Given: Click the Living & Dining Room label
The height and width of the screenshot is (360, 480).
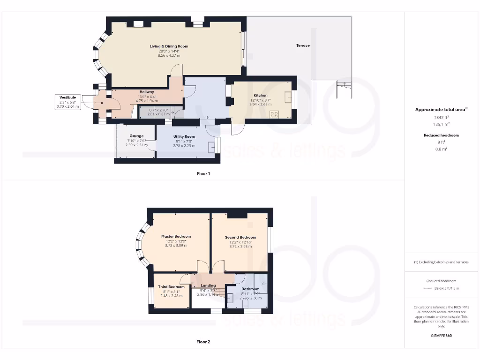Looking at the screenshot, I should (169, 46).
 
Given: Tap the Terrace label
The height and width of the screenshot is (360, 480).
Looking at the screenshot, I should (303, 45).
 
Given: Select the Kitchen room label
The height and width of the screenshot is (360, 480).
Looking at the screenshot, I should (260, 95).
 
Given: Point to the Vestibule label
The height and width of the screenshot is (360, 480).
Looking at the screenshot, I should (68, 97).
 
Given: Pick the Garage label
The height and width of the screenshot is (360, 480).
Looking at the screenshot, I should (136, 136).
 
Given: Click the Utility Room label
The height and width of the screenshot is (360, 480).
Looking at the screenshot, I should (183, 136).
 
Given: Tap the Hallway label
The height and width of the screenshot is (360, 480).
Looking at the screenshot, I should (147, 92).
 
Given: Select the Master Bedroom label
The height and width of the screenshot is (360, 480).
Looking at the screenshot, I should (176, 236).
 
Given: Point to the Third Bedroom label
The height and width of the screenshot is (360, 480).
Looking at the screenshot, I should (171, 287).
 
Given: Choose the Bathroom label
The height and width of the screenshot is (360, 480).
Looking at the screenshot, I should (250, 289).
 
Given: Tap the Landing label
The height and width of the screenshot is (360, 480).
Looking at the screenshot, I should (208, 285).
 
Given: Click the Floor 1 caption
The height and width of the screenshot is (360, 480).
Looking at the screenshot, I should (203, 173).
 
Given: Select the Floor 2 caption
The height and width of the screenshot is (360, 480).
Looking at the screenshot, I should (203, 342).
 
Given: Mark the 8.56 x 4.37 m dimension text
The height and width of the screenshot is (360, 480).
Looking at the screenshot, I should (169, 55).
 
